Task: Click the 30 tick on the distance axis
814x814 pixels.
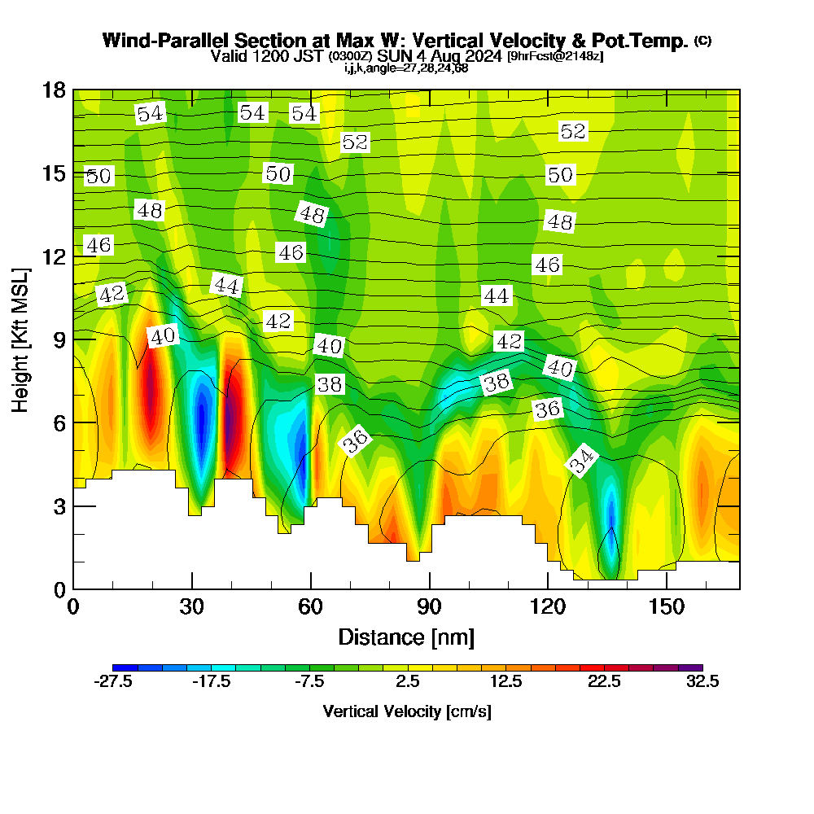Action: tap(192, 607)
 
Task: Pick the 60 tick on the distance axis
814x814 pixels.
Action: tap(311, 607)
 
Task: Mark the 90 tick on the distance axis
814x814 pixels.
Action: tap(429, 607)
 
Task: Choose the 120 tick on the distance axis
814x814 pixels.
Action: tap(548, 607)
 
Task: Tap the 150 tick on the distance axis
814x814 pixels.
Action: tap(667, 607)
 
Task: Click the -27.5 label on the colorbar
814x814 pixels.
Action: tap(113, 682)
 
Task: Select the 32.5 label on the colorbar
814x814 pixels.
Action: tap(702, 682)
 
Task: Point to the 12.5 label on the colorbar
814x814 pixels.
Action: tap(506, 682)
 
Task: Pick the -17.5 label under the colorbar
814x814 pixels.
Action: tap(211, 682)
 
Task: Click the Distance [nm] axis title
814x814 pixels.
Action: tap(406, 636)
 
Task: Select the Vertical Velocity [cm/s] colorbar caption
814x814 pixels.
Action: tap(407, 711)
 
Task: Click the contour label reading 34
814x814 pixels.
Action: tap(582, 462)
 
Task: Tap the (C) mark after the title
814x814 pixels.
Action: tap(702, 41)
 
